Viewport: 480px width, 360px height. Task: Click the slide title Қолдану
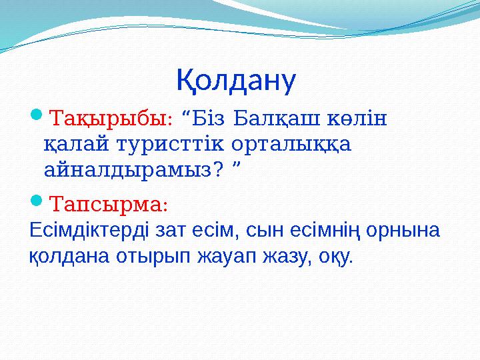[x=236, y=81]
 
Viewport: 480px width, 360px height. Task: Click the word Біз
[x=209, y=119]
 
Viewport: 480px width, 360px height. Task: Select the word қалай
[x=75, y=144]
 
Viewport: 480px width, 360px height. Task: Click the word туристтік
[x=169, y=144]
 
